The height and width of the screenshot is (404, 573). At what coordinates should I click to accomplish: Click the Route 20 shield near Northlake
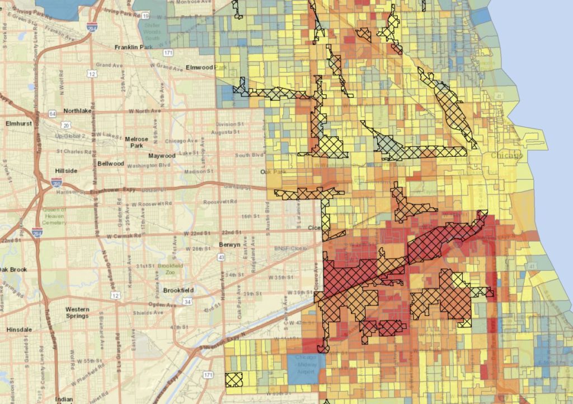66,125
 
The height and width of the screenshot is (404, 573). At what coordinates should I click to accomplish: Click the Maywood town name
162,156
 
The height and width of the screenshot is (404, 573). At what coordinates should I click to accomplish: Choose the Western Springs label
77,312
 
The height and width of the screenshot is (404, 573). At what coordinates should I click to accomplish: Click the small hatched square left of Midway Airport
234,379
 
